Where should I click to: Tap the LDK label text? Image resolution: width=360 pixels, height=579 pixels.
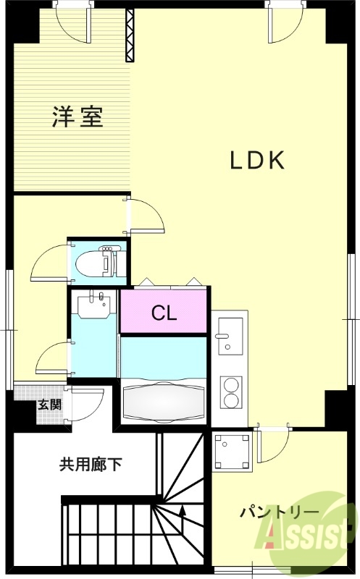(256, 161)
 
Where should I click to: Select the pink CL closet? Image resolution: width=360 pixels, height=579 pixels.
(164, 313)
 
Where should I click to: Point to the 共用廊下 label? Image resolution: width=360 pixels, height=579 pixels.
(91, 464)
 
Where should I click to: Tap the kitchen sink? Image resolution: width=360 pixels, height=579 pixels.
(230, 337)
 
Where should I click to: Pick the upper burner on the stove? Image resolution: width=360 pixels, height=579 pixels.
(232, 384)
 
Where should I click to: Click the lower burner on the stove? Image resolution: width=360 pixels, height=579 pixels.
(232, 402)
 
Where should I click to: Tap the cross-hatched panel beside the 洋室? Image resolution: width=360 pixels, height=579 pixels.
(130, 35)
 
